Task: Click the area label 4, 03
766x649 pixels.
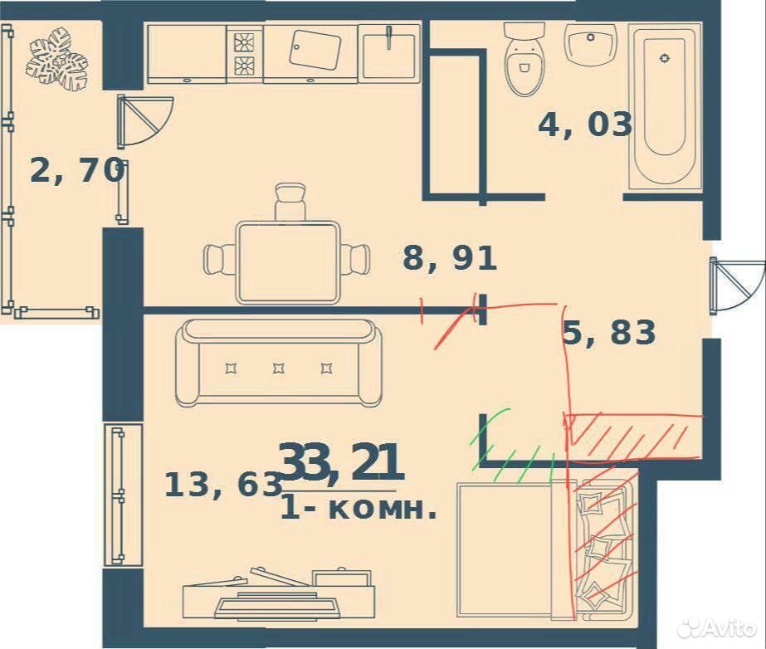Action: pos(585,125)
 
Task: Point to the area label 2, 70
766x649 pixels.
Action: pos(76,171)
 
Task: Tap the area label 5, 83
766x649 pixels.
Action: pos(608,332)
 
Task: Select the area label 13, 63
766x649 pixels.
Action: pos(223,485)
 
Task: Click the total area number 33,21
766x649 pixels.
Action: pos(341,461)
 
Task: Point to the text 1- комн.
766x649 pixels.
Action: pos(358,510)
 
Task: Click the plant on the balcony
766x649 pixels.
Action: pos(56,59)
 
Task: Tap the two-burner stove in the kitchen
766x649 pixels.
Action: pos(244,53)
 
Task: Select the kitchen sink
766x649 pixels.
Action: pos(389,53)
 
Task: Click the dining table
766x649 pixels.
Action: pos(288,262)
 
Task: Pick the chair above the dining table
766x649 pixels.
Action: pos(290,202)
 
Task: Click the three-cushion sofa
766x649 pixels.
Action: pos(279,363)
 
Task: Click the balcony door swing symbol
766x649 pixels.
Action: pos(144,121)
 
